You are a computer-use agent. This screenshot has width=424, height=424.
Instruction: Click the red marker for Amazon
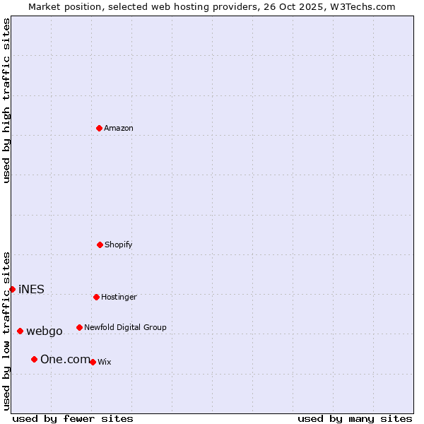click(x=99, y=128)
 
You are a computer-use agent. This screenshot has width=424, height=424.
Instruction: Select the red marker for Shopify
click(x=100, y=245)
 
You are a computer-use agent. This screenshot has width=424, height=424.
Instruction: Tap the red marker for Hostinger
click(x=96, y=297)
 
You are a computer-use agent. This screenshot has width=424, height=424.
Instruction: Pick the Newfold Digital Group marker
click(x=79, y=327)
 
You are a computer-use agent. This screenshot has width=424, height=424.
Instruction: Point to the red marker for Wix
click(x=93, y=362)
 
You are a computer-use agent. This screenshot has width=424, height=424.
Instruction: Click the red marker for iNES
click(x=12, y=289)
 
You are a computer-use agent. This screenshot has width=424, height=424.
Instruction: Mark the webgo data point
click(x=20, y=331)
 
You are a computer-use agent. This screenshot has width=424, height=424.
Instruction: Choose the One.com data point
click(x=34, y=359)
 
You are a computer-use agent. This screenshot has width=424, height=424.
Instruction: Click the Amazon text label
click(x=119, y=128)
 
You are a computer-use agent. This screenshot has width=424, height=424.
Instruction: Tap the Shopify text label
click(x=119, y=245)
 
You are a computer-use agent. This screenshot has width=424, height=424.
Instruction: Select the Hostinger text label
click(x=119, y=297)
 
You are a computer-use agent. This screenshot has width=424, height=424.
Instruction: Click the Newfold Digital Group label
click(x=125, y=327)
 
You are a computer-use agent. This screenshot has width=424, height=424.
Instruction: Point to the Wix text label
click(x=105, y=362)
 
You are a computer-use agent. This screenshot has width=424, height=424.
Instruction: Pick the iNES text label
click(x=31, y=289)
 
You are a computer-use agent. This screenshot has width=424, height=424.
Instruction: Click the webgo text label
click(x=45, y=331)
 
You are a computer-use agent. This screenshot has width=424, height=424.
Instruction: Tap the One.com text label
click(x=65, y=359)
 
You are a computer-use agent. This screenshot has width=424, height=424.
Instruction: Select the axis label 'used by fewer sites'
click(x=73, y=418)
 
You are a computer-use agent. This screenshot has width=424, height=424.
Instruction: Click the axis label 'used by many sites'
click(x=355, y=418)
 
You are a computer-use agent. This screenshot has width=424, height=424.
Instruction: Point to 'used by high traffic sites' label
click(x=6, y=100)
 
